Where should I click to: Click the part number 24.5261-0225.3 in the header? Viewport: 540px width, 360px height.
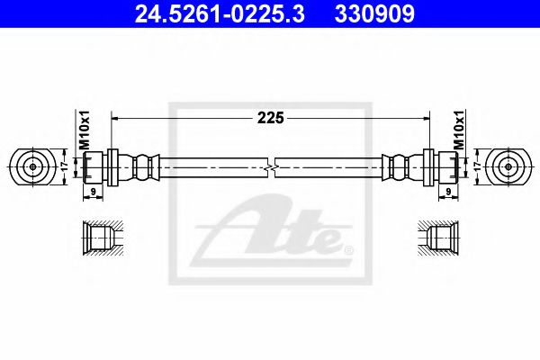click(220, 14)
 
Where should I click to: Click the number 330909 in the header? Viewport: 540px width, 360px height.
click(374, 14)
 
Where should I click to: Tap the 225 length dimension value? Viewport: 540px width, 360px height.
click(271, 118)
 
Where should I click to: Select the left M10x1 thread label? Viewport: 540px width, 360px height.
click(84, 130)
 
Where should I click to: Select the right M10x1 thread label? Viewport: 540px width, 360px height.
click(458, 130)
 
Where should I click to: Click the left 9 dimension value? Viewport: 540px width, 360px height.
click(93, 192)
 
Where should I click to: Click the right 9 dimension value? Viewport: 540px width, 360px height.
click(448, 192)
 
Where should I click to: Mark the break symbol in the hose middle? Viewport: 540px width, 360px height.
click(272, 167)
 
